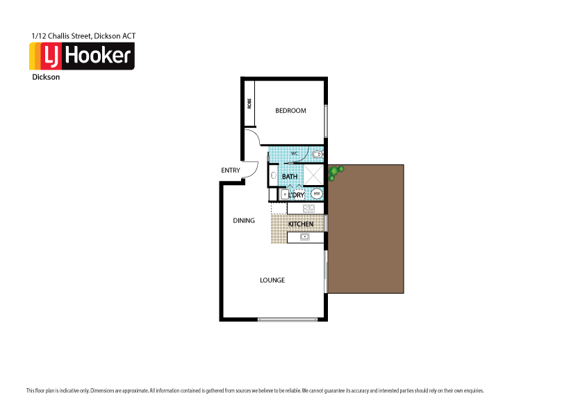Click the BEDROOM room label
coord(290,111)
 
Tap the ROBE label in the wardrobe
coord(249,104)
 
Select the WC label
coord(294,153)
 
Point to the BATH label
coord(290,177)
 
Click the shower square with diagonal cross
coord(314,175)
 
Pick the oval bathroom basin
coord(273,177)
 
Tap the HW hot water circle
coord(316,194)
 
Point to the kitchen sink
coord(304,237)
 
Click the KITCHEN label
coord(301,224)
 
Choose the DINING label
coord(244,221)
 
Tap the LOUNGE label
coord(272,280)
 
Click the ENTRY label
coord(231,170)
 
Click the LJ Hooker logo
coord(81,56)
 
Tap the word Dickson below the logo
coord(46,77)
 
